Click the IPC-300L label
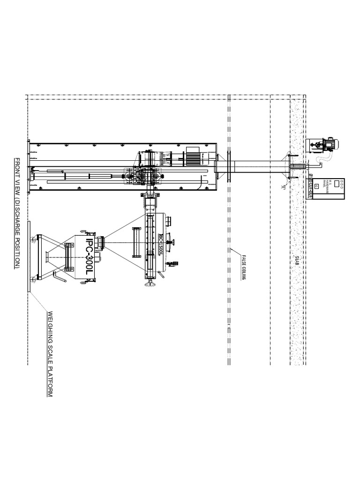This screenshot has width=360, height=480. [x=92, y=252]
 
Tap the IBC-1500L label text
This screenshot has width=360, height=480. [x=160, y=244]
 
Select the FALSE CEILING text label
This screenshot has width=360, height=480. [x=244, y=266]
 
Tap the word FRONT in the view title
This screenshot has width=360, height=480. [x=16, y=169]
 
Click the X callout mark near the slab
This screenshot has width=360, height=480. [x=283, y=187]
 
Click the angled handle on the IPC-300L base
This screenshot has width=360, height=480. [x=59, y=277]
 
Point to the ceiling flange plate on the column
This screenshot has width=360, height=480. [x=228, y=166]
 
